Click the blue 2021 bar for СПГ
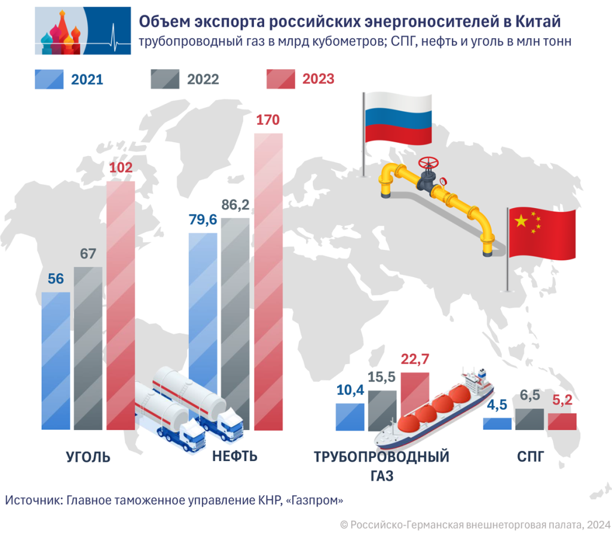(497, 423)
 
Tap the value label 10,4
(350, 390)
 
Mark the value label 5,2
(562, 400)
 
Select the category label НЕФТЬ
(235, 457)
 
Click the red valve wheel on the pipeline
(428, 163)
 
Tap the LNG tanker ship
(436, 413)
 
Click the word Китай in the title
(537, 22)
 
